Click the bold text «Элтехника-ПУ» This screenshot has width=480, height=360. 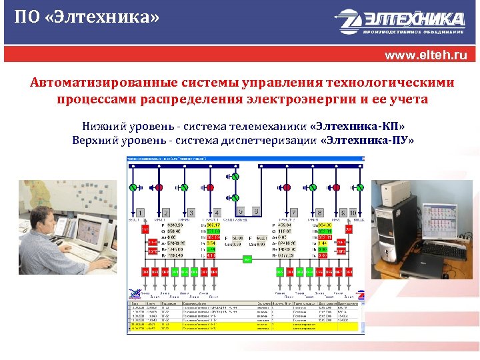tap(367, 141)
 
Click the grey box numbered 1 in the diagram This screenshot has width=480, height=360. tap(141, 213)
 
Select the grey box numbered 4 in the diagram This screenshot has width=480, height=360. tap(217, 213)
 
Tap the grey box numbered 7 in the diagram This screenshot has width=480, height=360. tap(293, 213)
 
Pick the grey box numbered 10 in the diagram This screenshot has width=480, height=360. tap(353, 213)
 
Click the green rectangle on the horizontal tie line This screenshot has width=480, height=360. tap(249, 258)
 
